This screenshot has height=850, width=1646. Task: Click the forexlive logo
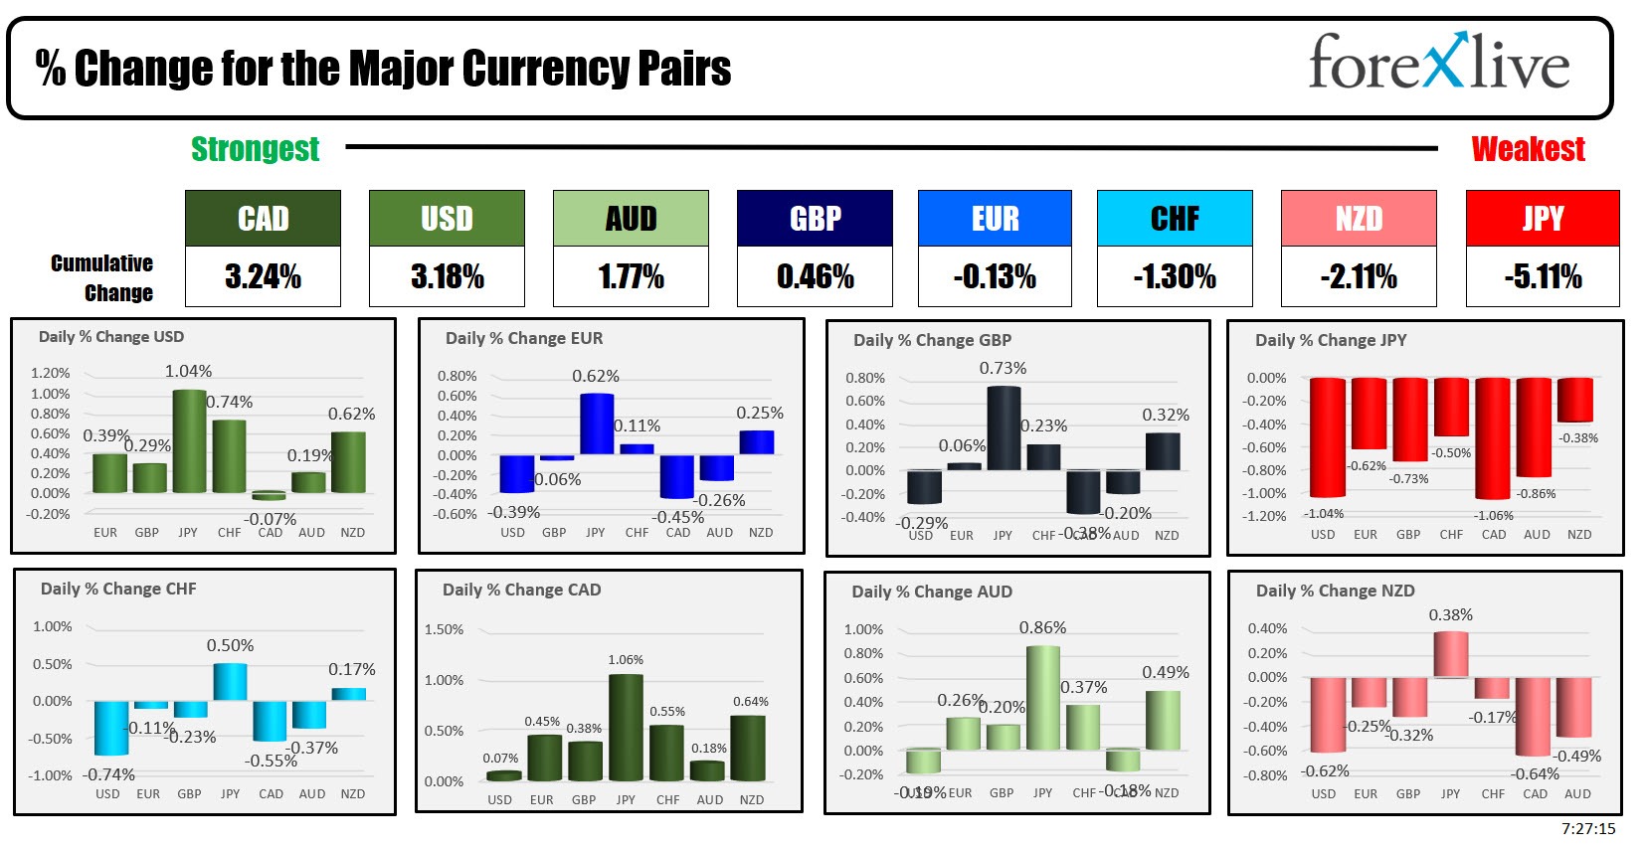coord(1438,64)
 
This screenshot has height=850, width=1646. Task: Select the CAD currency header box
coord(263,219)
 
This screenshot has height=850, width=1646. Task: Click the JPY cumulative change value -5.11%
coord(1543,276)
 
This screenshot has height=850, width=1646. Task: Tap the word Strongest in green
coord(255,149)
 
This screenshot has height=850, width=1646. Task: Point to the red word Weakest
coord(1528,149)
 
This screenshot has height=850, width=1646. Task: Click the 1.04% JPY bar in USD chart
coord(189,441)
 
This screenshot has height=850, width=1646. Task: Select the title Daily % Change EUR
coord(524,338)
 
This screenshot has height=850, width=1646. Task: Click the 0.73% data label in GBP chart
coord(1003,368)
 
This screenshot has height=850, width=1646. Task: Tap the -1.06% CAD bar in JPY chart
coord(1492,438)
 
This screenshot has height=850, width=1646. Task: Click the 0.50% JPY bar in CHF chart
coord(230,682)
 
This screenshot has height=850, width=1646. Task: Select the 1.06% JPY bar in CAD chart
coord(626,728)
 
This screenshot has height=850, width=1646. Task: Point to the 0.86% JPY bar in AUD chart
coord(1042,698)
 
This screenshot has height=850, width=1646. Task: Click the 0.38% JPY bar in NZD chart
coord(1450,654)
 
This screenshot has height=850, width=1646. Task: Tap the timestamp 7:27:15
coord(1587,828)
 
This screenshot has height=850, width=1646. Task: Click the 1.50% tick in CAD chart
coord(444,629)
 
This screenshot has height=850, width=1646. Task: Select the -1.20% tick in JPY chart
coord(1265,516)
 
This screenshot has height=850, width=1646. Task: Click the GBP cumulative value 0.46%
coord(815,276)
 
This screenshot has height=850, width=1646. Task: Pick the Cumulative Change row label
coord(103,277)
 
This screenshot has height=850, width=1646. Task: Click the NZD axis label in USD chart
coord(352,532)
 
